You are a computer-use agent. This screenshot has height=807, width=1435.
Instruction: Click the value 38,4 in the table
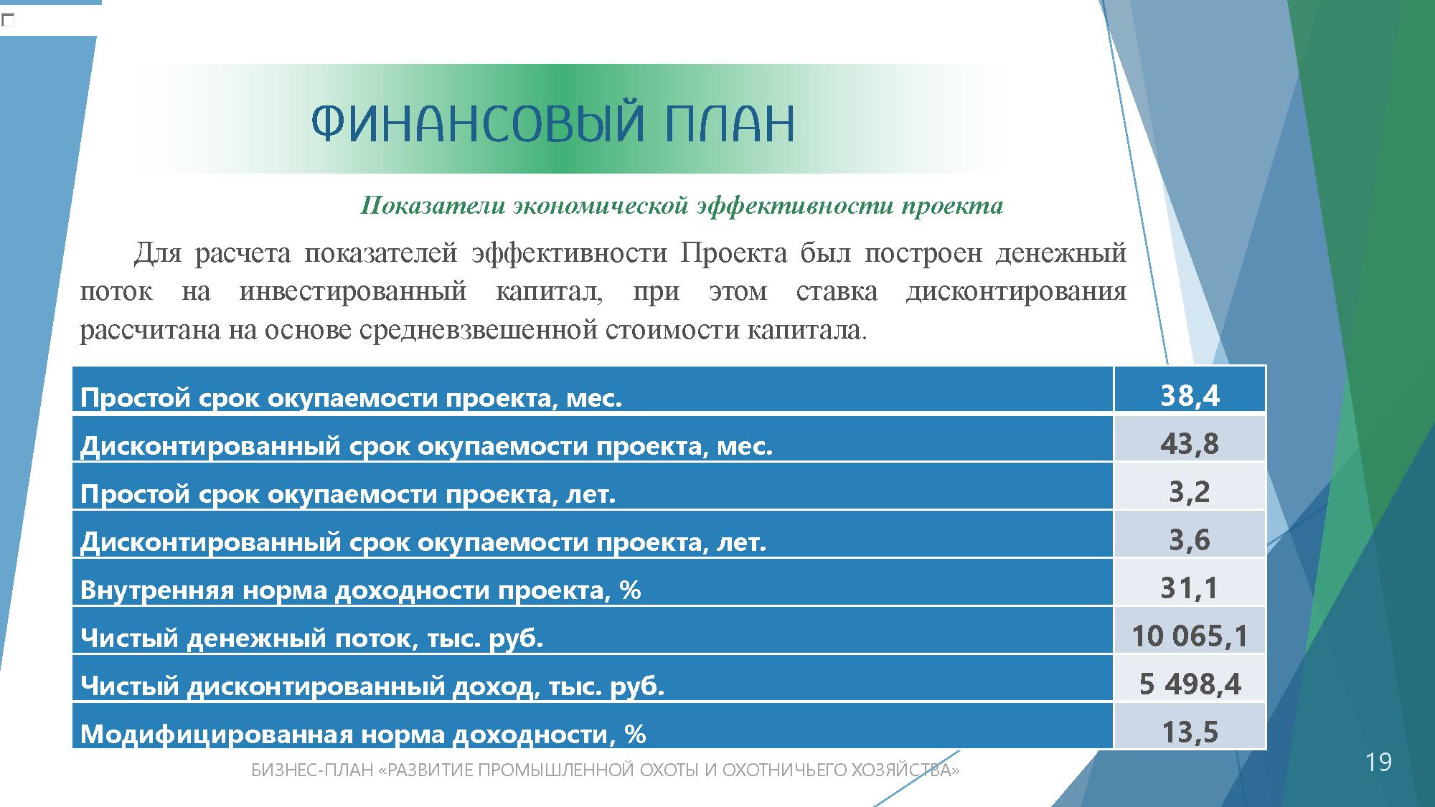pos(1190,396)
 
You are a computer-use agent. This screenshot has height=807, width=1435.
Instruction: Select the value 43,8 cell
pos(1190,444)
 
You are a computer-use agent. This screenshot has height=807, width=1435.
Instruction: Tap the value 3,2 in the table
pos(1190,492)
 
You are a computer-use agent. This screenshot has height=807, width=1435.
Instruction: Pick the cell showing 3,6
pos(1190,540)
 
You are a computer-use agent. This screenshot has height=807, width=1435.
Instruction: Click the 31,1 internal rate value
pos(1190,588)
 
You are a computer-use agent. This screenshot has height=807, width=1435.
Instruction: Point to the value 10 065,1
pos(1190,636)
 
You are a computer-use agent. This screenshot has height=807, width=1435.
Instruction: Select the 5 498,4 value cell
pos(1190,684)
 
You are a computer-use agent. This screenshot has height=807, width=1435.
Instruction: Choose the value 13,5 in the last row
pos(1190,732)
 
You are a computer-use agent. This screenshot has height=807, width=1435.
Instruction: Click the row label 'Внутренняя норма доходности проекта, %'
pos(360,590)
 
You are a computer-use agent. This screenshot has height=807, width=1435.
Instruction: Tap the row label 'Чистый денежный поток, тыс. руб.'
pos(311,638)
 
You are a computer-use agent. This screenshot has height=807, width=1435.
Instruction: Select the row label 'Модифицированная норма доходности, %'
pos(363,734)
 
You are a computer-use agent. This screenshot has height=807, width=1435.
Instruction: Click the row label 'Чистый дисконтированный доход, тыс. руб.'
pos(372,686)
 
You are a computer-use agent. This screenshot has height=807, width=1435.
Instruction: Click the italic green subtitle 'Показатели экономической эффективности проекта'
pos(682,206)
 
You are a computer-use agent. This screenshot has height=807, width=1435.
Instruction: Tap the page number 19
pos(1378,762)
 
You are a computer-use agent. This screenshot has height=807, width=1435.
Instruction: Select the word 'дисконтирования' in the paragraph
pos(1016,292)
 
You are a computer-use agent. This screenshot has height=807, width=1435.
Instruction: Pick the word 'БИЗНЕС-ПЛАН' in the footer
pos(313,770)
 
